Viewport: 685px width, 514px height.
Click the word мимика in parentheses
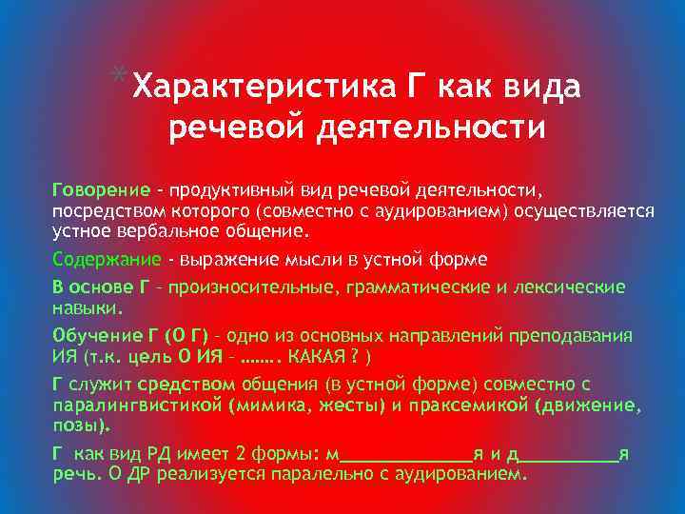click(x=264, y=405)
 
